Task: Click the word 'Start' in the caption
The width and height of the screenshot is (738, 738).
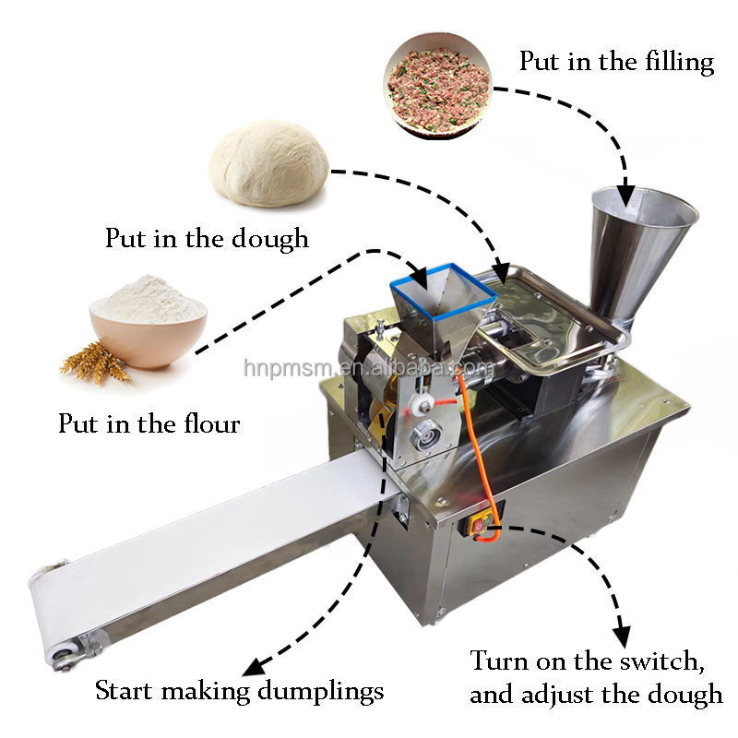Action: (x=119, y=689)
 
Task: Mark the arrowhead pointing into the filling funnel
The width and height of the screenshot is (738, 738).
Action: (x=625, y=193)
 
